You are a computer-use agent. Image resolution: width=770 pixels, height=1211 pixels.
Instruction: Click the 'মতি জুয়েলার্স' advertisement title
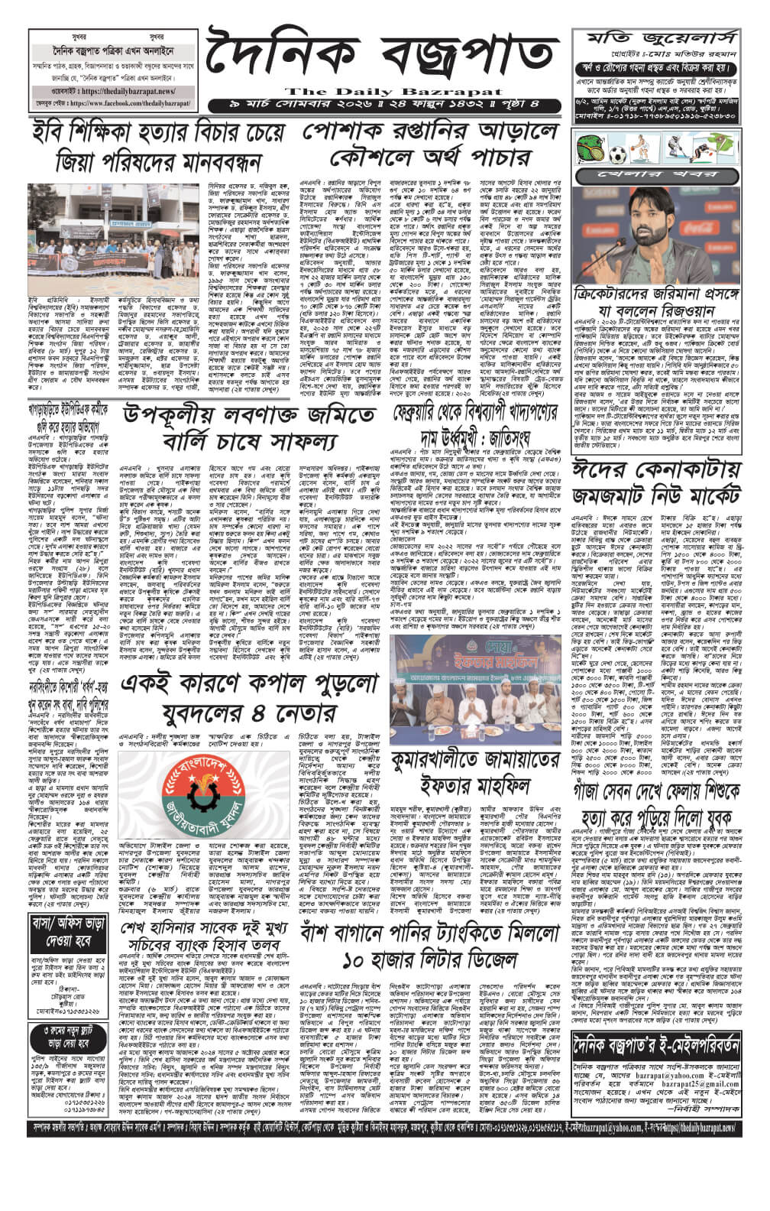tap(662, 39)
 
